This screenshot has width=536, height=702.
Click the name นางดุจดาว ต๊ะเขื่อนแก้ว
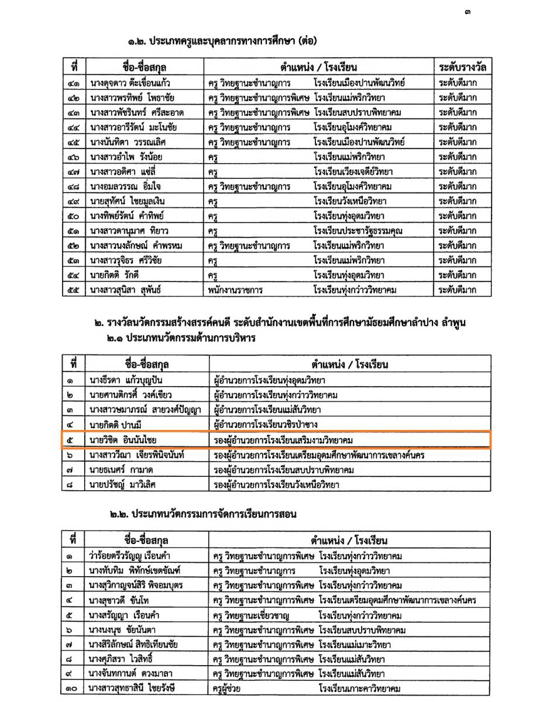coord(130,81)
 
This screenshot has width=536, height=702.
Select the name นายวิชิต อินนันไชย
coord(126,439)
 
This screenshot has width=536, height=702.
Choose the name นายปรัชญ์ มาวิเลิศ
coord(125,484)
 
